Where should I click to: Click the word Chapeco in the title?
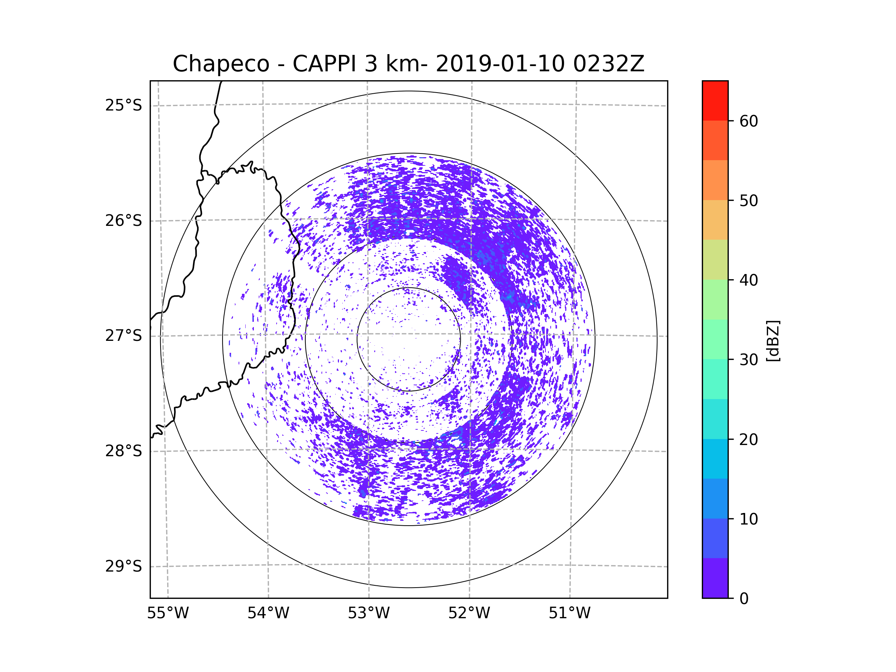point(221,64)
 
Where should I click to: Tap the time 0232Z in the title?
point(609,64)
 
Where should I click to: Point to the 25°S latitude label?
point(124,105)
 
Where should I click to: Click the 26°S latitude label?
point(124,221)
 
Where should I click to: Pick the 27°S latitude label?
point(124,336)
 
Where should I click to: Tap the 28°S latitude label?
point(124,451)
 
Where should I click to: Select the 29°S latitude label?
point(124,566)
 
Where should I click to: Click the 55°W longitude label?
point(168,613)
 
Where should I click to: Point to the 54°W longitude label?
point(268,613)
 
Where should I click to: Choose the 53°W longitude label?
point(368,613)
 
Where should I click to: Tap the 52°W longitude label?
point(469,613)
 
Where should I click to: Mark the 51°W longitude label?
point(569,613)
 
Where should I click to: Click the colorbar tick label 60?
point(749,121)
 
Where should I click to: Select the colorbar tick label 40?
point(749,280)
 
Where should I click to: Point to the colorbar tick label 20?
point(749,439)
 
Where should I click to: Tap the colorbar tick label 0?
point(744,599)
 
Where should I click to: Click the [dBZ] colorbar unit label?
point(773,340)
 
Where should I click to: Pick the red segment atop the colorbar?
point(715,100)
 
